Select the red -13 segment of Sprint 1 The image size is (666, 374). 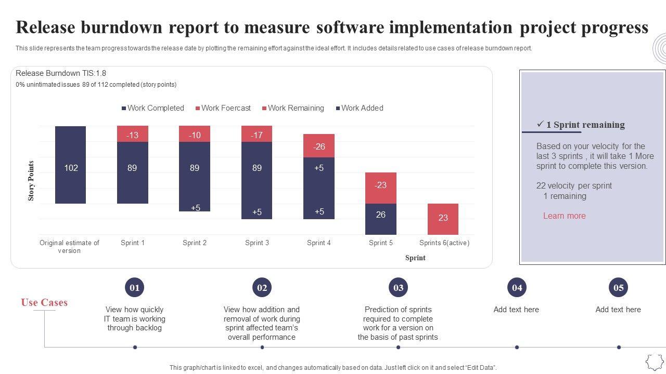pos(133,134)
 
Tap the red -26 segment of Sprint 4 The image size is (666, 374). pos(319,146)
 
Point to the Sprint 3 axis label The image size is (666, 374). pos(257,243)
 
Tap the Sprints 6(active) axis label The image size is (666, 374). pos(444,243)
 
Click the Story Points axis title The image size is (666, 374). pos(31,181)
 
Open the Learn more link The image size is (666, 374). pos(564,216)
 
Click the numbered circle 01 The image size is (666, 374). pos(135,287)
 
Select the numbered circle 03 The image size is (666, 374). pos(398,287)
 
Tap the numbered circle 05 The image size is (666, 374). pos(618,287)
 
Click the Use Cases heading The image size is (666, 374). pos(44,302)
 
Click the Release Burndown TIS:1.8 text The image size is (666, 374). pos(61,73)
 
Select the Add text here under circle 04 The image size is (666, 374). pos(516,310)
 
